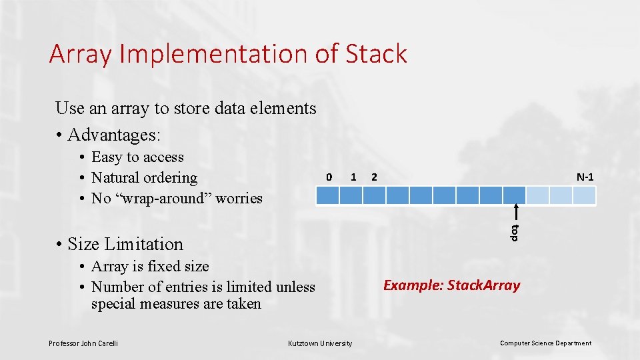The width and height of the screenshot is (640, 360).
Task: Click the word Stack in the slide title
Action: pyautogui.click(x=376, y=54)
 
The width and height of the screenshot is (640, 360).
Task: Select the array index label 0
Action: pyautogui.click(x=329, y=177)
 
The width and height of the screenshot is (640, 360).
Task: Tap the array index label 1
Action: pyautogui.click(x=353, y=177)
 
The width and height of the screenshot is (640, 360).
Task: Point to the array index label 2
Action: pyautogui.click(x=375, y=177)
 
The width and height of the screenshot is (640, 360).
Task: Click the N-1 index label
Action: pyautogui.click(x=585, y=177)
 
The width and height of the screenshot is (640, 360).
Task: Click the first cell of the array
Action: pyautogui.click(x=327, y=195)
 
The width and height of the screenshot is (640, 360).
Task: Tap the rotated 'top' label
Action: pyautogui.click(x=515, y=233)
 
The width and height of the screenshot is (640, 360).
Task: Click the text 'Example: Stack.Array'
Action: pyautogui.click(x=451, y=285)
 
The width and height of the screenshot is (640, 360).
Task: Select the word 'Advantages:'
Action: pyautogui.click(x=114, y=135)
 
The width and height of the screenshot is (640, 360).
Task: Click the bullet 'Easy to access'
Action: pyautogui.click(x=137, y=157)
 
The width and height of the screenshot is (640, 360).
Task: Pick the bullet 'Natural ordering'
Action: pyautogui.click(x=144, y=178)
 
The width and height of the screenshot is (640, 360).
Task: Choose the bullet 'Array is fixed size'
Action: pyautogui.click(x=150, y=267)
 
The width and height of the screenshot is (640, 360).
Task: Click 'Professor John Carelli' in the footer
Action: pyautogui.click(x=83, y=343)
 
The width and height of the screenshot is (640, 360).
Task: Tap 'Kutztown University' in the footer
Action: pyautogui.click(x=320, y=343)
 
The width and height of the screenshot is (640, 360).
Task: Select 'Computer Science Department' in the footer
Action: pyautogui.click(x=545, y=343)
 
